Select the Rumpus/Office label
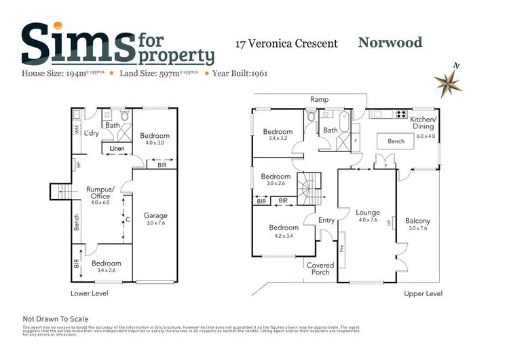pyautogui.click(x=100, y=193)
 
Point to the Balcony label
pyautogui.click(x=417, y=221)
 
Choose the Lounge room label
pyautogui.click(x=367, y=213)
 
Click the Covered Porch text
pyautogui.click(x=320, y=268)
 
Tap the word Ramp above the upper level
pyautogui.click(x=319, y=99)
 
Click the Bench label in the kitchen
pyautogui.click(x=396, y=141)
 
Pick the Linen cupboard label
pyautogui.click(x=117, y=149)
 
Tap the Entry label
pyautogui.click(x=326, y=220)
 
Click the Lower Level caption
pyautogui.click(x=90, y=293)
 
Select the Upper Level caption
pyautogui.click(x=423, y=293)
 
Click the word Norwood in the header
pyautogui.click(x=390, y=43)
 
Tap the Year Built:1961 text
pyautogui.click(x=241, y=73)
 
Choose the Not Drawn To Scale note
pyautogui.click(x=56, y=318)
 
